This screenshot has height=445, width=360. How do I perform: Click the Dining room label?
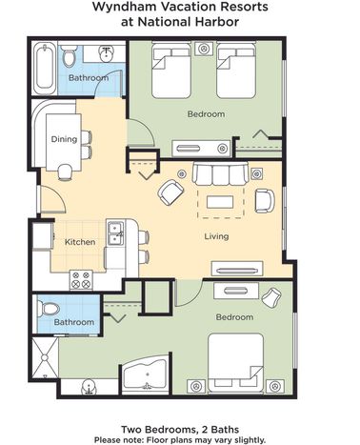(64, 139)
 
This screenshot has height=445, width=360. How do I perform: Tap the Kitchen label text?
(80, 242)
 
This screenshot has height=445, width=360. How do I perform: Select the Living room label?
(216, 236)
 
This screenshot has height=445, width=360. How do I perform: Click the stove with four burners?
(81, 280)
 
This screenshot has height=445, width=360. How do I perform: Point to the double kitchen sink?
(115, 233)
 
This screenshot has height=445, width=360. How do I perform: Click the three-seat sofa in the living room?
(221, 173)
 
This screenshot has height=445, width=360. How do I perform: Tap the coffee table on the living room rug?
(220, 202)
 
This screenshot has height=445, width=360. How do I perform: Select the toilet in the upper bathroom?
(69, 56)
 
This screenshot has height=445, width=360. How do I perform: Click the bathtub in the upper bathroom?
(45, 68)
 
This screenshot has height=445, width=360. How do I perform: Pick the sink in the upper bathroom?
(107, 54)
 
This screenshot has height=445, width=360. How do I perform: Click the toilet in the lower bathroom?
(49, 308)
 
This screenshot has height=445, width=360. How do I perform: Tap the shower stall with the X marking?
(45, 357)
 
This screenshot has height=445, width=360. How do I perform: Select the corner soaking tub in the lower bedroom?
(145, 374)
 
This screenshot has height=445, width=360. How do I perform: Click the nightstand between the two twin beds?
(204, 49)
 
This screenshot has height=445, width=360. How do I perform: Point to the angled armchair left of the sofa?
(171, 192)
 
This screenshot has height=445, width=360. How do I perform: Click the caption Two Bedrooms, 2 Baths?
(180, 430)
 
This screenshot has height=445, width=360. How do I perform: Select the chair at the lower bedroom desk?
(271, 297)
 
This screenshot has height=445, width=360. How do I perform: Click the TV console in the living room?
(237, 269)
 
